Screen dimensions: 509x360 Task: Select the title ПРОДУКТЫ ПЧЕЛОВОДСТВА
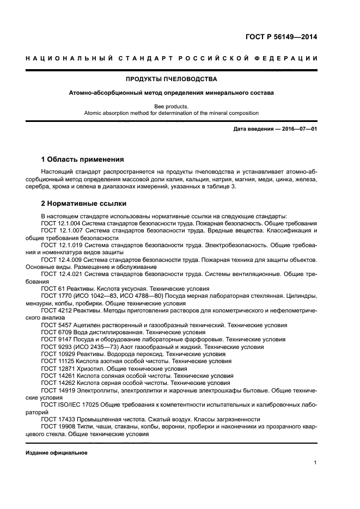pyautogui.click(x=172, y=79)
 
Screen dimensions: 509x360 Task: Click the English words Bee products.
pyautogui.click(x=172, y=106)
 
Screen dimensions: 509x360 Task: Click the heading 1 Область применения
pyautogui.click(x=82, y=160)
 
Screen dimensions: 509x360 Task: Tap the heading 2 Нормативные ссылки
pyautogui.click(x=84, y=204)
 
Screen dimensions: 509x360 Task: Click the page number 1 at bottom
pyautogui.click(x=315, y=463)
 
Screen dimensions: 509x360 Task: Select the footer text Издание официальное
pyautogui.click(x=57, y=453)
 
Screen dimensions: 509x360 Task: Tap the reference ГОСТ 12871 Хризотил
pyautogui.click(x=76, y=369)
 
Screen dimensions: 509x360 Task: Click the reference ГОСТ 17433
pyautogui.click(x=60, y=419)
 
